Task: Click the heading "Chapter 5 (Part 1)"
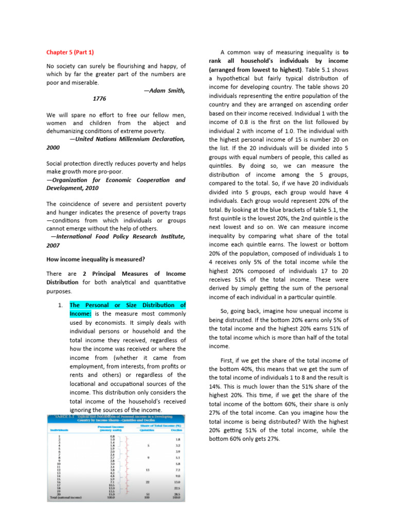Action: click(x=70, y=52)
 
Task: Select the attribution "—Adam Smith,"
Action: click(x=164, y=91)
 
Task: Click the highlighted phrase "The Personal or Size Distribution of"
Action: click(x=128, y=305)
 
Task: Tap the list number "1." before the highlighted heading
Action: click(x=61, y=305)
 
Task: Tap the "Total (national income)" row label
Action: click(x=67, y=498)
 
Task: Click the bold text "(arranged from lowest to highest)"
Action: click(x=255, y=69)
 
